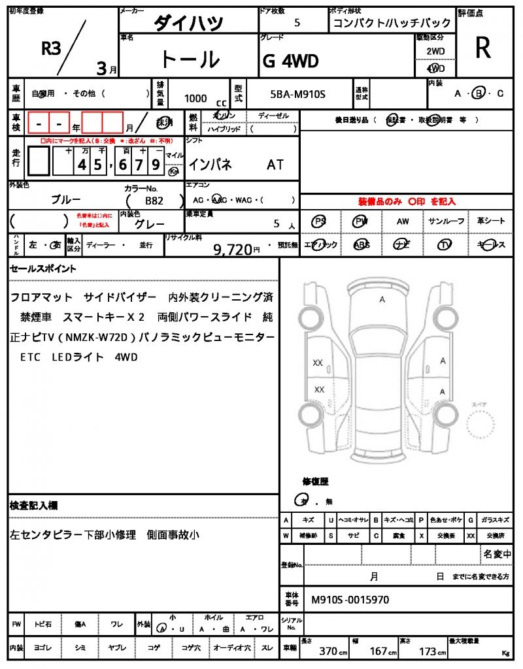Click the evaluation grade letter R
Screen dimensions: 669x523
[x=482, y=48]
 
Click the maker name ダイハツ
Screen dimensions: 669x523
[x=188, y=24]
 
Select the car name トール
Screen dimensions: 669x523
[x=190, y=59]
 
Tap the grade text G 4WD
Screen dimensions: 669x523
[x=291, y=61]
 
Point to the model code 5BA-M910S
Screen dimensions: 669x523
[x=297, y=95]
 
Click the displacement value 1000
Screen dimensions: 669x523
[x=195, y=98]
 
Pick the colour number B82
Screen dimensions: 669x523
[x=154, y=201]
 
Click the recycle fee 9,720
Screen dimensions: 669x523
[x=233, y=248]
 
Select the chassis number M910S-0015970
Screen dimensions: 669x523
[x=350, y=599]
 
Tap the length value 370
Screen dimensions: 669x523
[x=328, y=651]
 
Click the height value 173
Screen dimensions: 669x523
[x=430, y=651]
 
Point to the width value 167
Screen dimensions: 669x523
[x=379, y=651]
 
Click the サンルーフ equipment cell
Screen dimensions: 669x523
[x=446, y=221]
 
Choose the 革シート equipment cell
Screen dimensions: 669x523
[x=490, y=221]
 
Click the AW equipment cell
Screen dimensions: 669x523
[x=403, y=221]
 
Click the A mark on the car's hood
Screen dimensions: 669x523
[x=382, y=299]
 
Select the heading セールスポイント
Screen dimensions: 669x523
[x=43, y=268]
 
